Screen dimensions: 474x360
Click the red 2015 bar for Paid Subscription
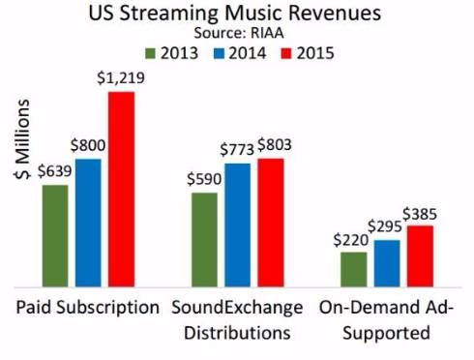[x=121, y=190]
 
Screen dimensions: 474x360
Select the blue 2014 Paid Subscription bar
[x=88, y=223]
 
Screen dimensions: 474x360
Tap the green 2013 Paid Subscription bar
[x=55, y=236]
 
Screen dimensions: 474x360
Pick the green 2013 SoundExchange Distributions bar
[x=204, y=240]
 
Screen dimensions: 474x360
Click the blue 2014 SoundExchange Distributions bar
[x=238, y=225]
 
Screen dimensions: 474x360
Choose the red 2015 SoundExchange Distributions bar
[x=271, y=223]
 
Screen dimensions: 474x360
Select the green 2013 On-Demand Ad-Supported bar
[x=354, y=269]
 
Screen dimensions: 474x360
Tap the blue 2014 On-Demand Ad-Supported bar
[x=387, y=263]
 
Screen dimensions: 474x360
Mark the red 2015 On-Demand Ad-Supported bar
[x=420, y=256]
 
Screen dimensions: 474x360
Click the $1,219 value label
[x=121, y=78]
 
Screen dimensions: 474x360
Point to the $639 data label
[x=54, y=170]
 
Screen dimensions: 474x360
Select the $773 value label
[x=237, y=149]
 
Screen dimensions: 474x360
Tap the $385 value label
[x=420, y=214]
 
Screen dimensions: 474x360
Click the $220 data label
[x=351, y=240]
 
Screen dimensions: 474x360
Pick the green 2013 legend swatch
[x=150, y=54]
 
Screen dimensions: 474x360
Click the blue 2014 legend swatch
[x=219, y=54]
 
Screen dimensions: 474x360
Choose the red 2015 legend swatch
[x=286, y=54]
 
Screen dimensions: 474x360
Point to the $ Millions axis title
[x=22, y=138]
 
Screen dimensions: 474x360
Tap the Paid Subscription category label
[x=88, y=308]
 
